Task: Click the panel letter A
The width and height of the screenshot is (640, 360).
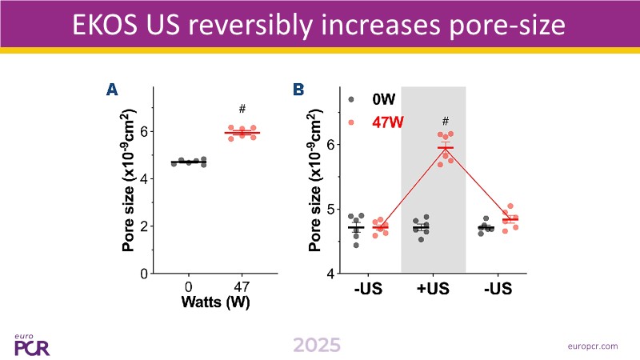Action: [113, 90]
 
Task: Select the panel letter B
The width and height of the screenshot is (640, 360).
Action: [298, 90]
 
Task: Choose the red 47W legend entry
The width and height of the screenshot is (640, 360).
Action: [387, 123]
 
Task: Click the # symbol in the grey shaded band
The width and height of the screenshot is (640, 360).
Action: [446, 122]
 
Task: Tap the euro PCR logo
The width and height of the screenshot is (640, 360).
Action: [30, 343]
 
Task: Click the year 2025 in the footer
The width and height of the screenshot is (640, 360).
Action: [316, 345]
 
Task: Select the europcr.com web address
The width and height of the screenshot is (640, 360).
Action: [590, 346]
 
